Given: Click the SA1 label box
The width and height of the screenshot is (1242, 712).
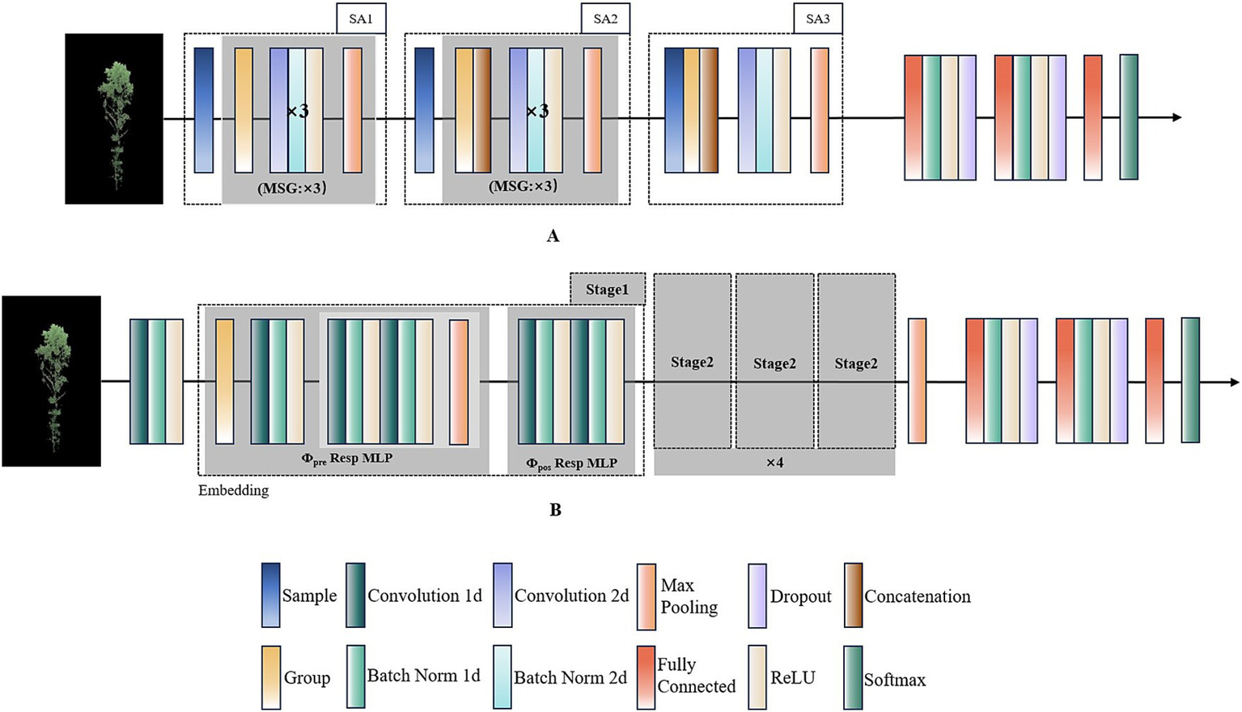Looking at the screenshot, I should [x=361, y=19].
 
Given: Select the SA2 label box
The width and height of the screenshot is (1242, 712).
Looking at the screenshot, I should [x=605, y=19].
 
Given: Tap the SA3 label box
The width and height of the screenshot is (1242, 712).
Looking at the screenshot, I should [x=817, y=19].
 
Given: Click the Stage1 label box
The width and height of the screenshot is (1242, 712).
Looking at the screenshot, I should [x=607, y=289].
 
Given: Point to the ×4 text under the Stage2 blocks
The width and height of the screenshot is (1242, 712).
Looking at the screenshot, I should [x=774, y=463].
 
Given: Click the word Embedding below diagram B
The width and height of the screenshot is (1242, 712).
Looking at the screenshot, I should [x=233, y=490].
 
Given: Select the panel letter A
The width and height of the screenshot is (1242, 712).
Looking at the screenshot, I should [x=553, y=236].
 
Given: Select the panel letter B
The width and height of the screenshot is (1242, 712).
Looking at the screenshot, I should [x=555, y=510].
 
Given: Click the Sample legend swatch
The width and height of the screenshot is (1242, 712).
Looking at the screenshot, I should [x=271, y=595].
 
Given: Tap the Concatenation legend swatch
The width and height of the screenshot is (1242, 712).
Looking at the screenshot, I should [x=853, y=595].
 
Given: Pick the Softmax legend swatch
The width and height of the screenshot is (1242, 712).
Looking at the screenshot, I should [x=853, y=678].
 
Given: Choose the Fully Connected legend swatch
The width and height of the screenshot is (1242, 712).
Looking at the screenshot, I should [x=646, y=678].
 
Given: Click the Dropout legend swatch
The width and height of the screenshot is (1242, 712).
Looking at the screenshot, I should [x=757, y=595].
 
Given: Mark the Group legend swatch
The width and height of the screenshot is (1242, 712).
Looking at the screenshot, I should [x=271, y=678].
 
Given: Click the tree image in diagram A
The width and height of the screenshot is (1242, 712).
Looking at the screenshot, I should [x=114, y=119].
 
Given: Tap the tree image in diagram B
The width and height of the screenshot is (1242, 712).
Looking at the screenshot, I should [x=52, y=381].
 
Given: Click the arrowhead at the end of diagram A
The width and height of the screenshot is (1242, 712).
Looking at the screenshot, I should [x=1176, y=117].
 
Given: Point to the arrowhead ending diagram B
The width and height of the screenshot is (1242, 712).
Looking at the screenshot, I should [x=1233, y=382].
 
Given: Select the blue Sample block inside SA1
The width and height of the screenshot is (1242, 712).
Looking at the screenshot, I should [x=204, y=110].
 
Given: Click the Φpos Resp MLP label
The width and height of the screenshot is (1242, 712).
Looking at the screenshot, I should [x=571, y=464].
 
